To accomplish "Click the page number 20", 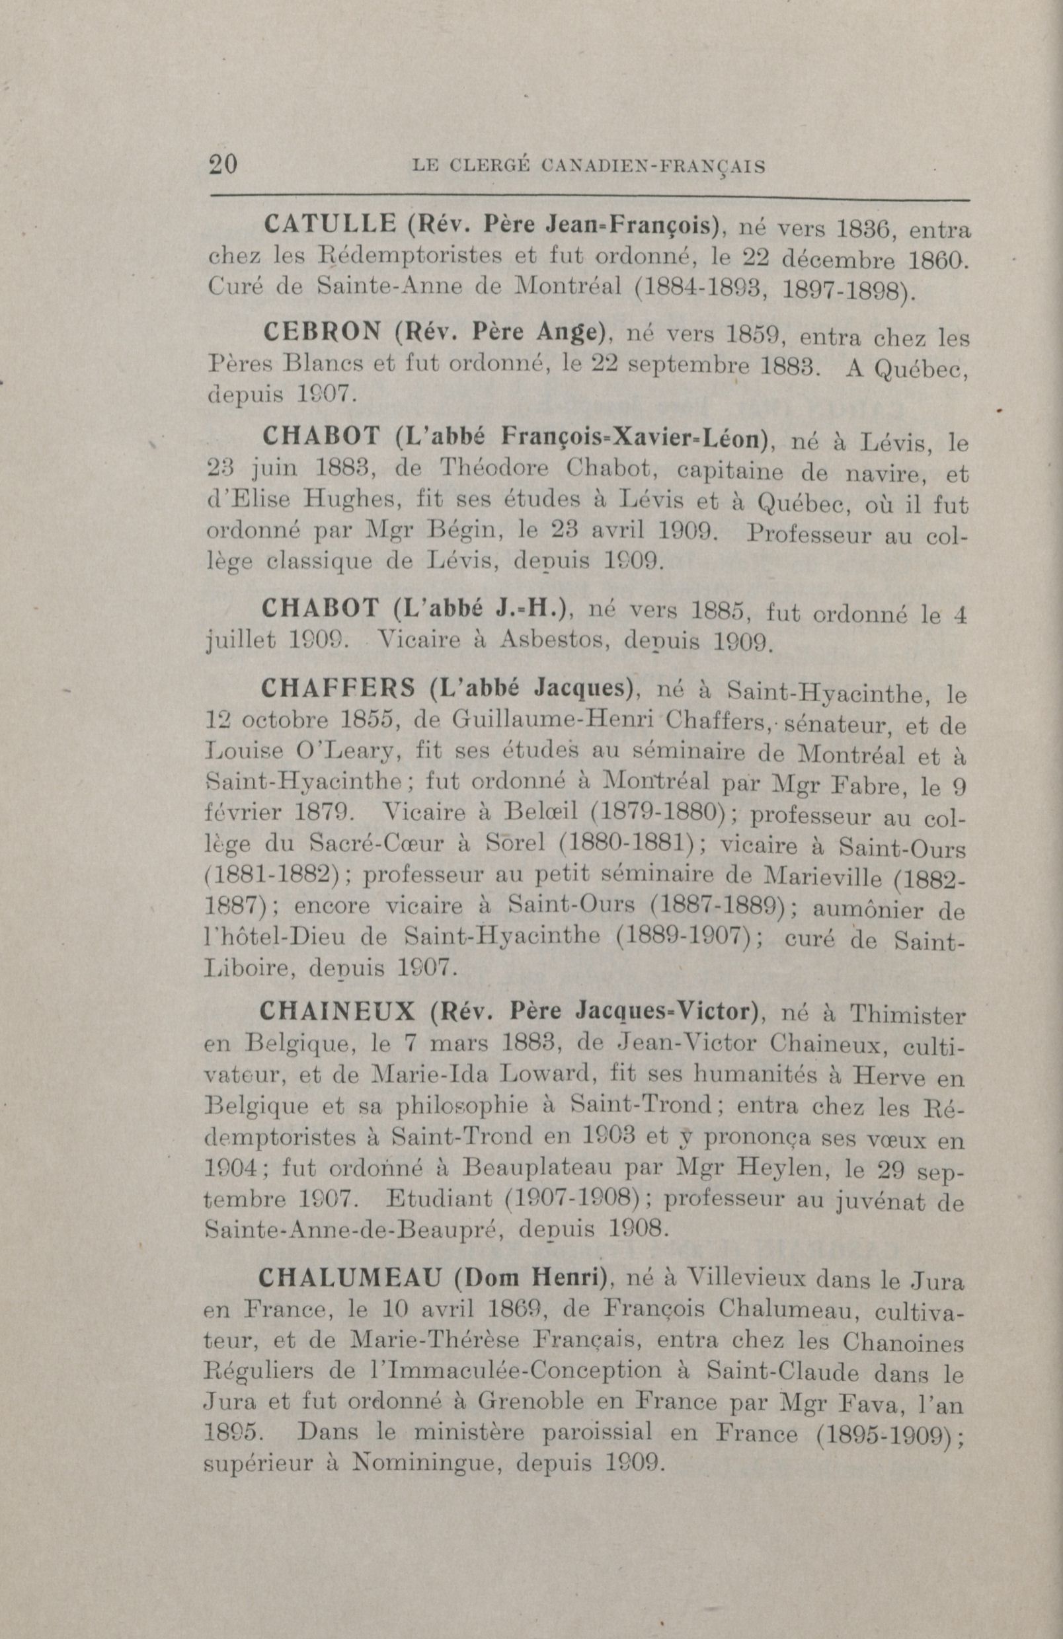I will point(223,166).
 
